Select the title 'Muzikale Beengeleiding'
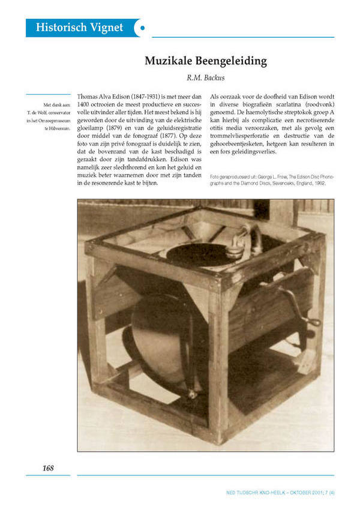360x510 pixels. pos(206,61)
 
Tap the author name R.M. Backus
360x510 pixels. pos(206,77)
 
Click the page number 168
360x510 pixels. pos(48,467)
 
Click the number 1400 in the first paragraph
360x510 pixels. pos(86,105)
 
